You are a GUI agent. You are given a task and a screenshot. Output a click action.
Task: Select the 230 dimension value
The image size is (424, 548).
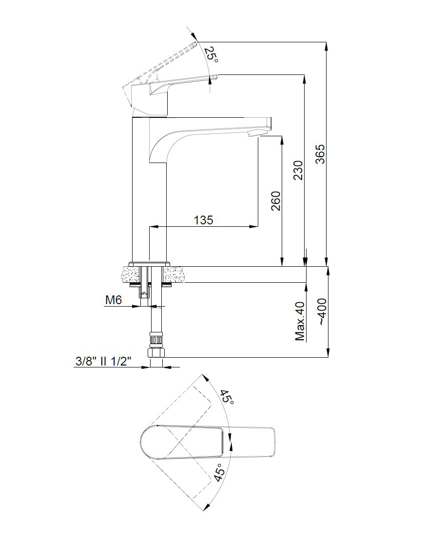tap(298, 170)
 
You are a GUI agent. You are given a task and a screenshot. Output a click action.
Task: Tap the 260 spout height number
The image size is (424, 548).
tap(275, 201)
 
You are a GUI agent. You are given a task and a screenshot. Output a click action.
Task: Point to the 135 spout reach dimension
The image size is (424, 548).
tap(203, 220)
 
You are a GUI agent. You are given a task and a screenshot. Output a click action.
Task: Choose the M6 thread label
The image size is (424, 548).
tap(113, 301)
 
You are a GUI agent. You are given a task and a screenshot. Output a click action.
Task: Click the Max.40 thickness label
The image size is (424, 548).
tap(300, 321)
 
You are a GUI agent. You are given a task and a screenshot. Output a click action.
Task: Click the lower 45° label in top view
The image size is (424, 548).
tap(219, 472)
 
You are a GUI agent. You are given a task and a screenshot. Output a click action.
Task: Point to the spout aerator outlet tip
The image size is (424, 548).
tap(254, 133)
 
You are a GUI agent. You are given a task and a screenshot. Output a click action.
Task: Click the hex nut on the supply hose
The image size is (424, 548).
tap(156, 352)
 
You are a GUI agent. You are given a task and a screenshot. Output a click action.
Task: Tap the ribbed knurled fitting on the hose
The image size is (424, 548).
tap(156, 340)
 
